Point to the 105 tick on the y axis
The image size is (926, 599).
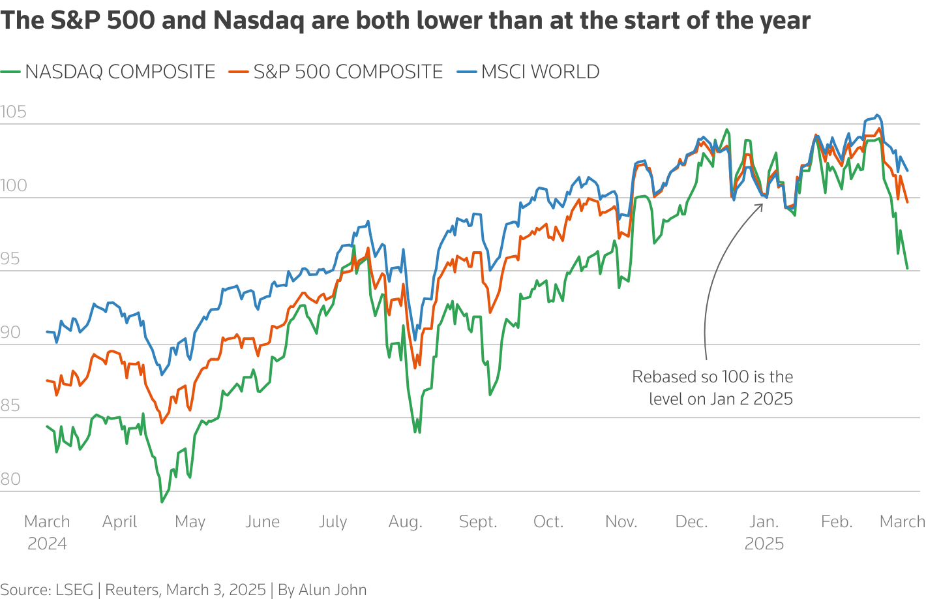(14, 112)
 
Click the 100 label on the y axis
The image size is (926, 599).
(14, 186)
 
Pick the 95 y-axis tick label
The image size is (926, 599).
(10, 259)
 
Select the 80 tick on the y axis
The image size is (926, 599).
(10, 480)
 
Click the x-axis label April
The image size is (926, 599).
(120, 522)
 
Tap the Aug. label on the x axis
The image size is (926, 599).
(406, 522)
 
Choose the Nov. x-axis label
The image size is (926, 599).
(621, 522)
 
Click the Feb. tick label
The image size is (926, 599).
(837, 522)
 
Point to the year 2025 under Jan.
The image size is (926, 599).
(764, 544)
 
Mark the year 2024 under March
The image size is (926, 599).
(47, 544)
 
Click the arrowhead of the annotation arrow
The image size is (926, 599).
(762, 205)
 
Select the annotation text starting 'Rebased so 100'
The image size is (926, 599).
(712, 388)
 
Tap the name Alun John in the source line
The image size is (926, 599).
(333, 590)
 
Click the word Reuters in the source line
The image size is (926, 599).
(132, 590)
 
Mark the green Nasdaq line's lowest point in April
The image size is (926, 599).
(162, 502)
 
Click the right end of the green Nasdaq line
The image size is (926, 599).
(907, 268)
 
